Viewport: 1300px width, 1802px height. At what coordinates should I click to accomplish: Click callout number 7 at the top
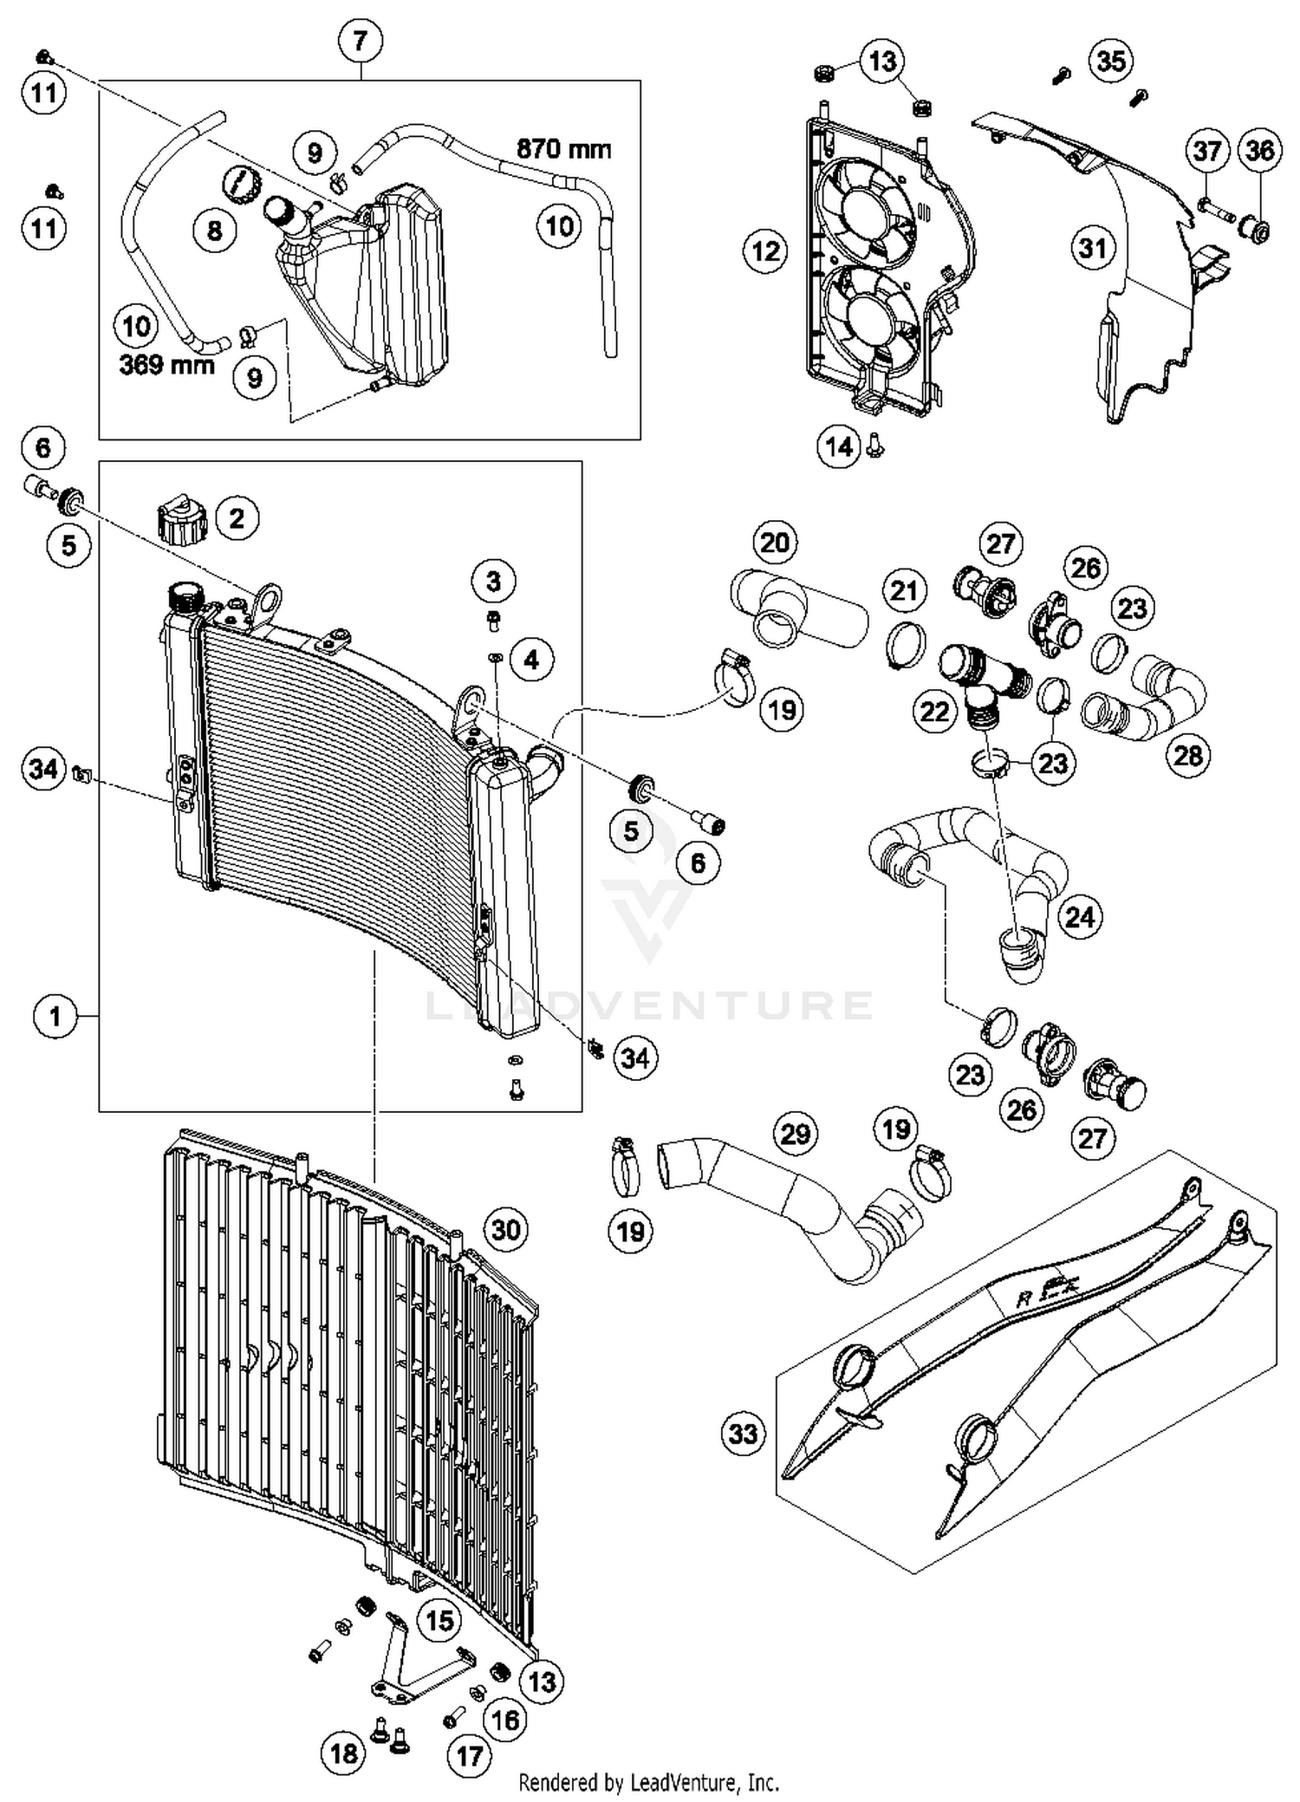point(361,40)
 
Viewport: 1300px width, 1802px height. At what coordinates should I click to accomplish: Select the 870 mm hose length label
point(563,149)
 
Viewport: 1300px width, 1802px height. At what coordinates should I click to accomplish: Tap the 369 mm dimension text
point(166,364)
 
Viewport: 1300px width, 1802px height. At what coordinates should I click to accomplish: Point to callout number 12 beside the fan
point(766,251)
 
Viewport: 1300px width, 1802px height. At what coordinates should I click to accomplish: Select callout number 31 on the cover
point(1092,249)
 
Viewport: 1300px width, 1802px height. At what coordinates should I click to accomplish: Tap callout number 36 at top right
point(1259,151)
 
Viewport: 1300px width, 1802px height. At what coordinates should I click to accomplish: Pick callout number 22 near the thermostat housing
point(934,712)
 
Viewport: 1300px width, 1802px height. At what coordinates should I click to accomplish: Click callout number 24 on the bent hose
point(1080,916)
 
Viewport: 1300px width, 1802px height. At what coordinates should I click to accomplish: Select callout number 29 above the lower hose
point(796,1134)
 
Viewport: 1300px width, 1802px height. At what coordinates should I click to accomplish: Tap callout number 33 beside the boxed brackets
point(743,1434)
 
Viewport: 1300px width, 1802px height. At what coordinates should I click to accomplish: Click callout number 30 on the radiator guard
point(506,1229)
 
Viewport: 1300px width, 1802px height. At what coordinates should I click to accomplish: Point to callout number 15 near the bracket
point(440,1620)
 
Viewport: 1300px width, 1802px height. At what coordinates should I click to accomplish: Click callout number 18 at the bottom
point(344,1753)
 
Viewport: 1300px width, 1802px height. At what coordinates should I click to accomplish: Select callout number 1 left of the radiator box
point(55,1015)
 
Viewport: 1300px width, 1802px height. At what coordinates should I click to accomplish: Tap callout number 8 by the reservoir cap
point(214,231)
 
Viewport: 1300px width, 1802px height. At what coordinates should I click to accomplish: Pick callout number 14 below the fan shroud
point(839,447)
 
